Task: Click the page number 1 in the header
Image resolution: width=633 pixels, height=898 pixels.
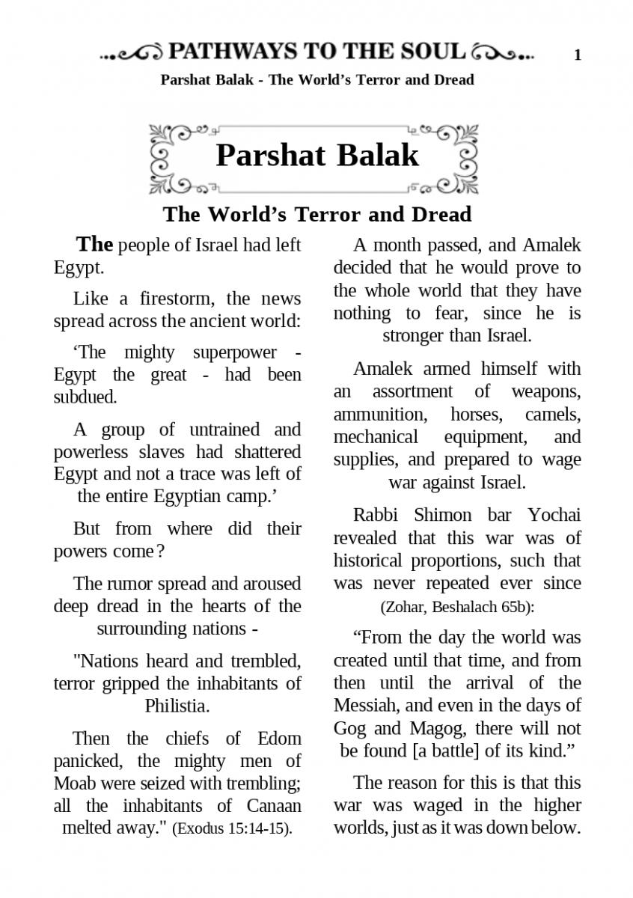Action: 578,55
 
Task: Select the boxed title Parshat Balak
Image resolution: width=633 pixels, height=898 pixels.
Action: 317,156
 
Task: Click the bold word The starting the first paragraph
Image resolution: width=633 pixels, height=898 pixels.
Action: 95,245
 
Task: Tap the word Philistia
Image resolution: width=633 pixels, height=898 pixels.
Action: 177,705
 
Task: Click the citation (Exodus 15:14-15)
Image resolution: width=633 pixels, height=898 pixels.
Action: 232,829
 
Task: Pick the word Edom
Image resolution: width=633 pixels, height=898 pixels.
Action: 279,739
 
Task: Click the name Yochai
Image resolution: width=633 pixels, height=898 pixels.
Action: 554,516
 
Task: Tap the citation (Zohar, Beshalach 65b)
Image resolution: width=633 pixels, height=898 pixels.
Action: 457,607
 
